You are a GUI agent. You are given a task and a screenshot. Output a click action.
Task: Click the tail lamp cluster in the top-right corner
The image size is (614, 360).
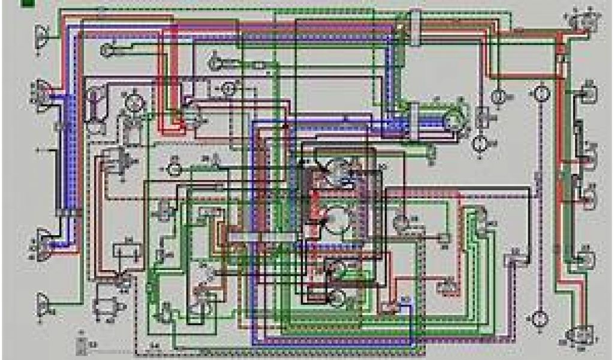click(x=579, y=22)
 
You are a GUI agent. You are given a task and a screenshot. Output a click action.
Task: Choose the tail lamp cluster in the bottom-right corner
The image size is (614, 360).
click(x=579, y=337)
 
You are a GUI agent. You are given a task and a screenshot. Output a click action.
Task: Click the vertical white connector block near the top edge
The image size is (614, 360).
click(x=414, y=27)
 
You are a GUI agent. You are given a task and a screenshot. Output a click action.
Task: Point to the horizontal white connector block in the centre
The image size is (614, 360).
click(x=262, y=238)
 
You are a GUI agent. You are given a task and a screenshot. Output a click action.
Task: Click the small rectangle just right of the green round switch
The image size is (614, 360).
click(x=483, y=116)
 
